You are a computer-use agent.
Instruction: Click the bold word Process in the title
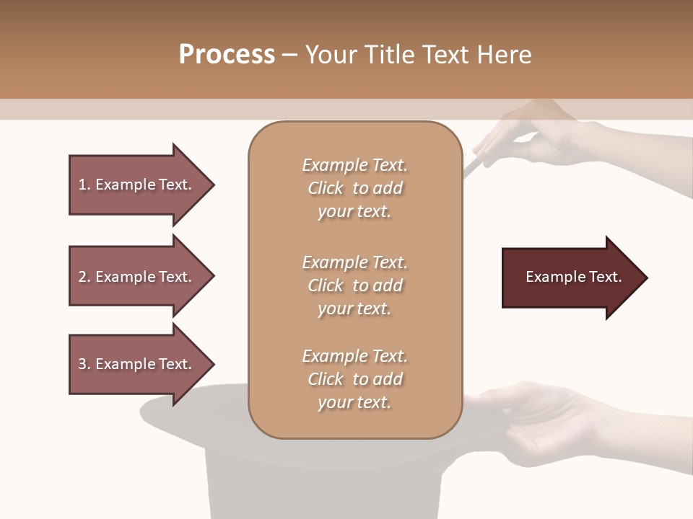click(x=227, y=55)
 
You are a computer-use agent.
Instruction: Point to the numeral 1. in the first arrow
click(x=84, y=185)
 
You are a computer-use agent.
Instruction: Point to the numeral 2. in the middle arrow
click(x=84, y=277)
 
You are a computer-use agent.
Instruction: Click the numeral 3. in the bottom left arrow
click(x=84, y=364)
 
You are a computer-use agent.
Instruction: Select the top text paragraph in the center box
click(x=354, y=188)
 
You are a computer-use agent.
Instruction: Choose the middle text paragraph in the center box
click(x=354, y=285)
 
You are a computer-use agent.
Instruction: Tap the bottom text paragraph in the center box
click(x=354, y=379)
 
